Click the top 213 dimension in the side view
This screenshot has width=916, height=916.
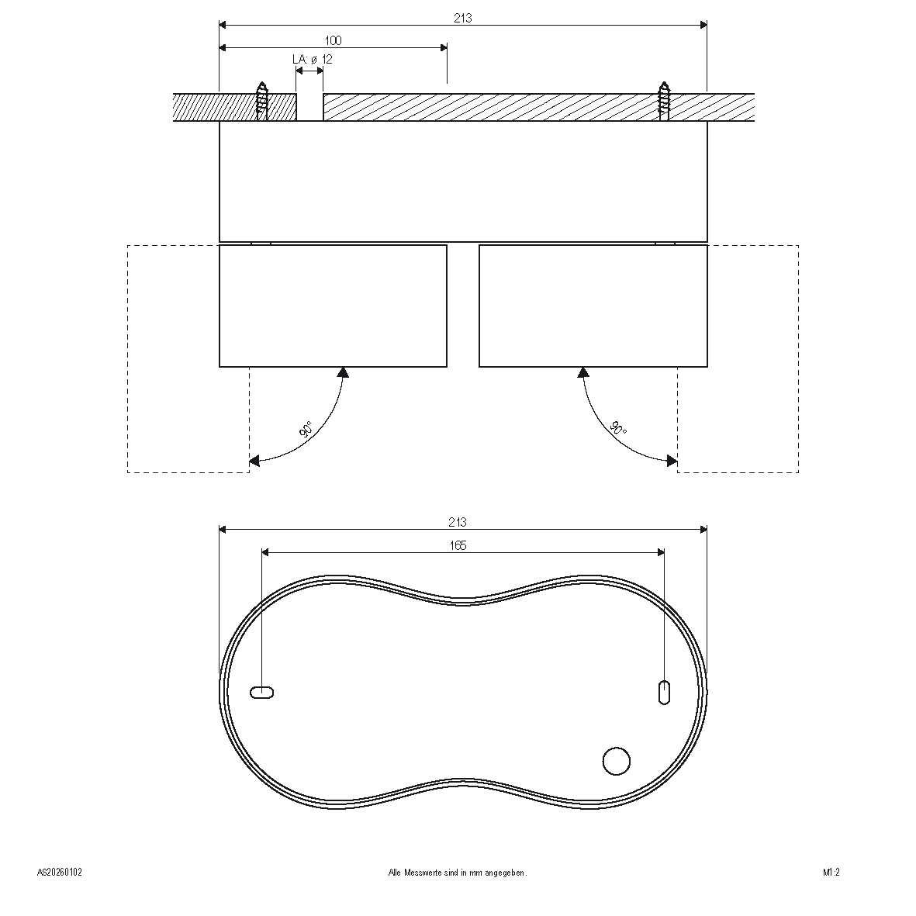[463, 18]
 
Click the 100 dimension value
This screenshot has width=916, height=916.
[333, 40]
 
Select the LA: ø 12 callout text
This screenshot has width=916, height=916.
[313, 59]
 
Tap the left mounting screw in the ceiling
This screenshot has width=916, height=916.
[262, 101]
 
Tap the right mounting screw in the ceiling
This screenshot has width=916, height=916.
[664, 101]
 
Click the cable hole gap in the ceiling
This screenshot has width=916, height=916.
[309, 107]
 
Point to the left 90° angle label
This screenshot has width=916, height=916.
[306, 430]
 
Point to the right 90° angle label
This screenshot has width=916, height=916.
[618, 428]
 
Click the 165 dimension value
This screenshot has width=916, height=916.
[458, 545]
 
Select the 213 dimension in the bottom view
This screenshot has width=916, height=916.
[458, 522]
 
